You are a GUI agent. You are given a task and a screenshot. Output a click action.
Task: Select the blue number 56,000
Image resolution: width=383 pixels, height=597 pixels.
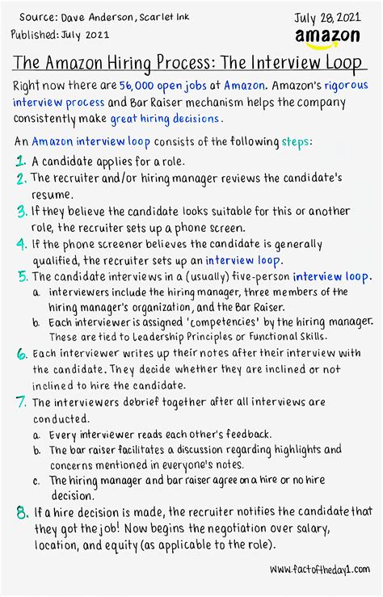pos(141,86)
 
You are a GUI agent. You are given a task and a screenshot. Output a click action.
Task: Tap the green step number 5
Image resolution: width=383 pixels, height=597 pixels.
pos(21,277)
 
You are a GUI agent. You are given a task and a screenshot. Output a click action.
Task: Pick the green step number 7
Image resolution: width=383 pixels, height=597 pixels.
pos(21,402)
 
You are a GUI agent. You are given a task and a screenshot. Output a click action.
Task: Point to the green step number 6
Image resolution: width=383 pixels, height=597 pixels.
pos(21,354)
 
